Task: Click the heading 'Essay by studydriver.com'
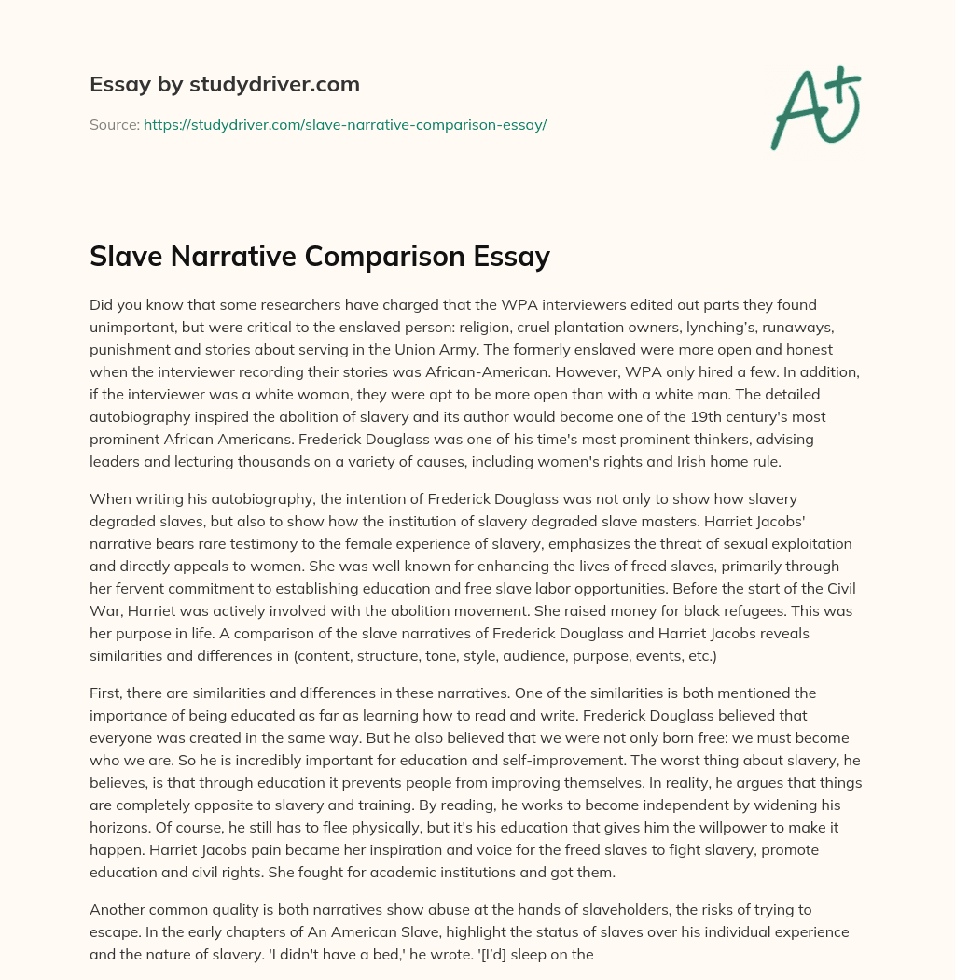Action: click(x=225, y=84)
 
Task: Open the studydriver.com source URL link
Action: click(x=344, y=124)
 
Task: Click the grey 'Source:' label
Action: click(x=114, y=124)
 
